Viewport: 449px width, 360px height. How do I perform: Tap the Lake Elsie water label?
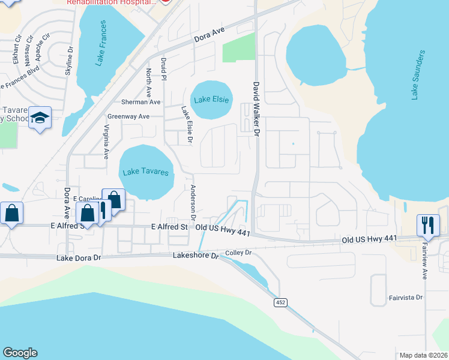tap(210, 100)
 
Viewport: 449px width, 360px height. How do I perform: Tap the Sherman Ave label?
tap(141, 102)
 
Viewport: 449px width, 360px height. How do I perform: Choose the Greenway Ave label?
tap(128, 116)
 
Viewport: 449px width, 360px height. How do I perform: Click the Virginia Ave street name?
tap(106, 142)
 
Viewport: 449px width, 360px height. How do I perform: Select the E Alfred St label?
tap(169, 227)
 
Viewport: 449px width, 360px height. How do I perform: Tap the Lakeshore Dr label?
tap(194, 255)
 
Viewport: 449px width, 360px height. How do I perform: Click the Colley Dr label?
tap(238, 253)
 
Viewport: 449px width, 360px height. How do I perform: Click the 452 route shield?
tap(280, 302)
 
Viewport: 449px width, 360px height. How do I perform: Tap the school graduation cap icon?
tap(40, 119)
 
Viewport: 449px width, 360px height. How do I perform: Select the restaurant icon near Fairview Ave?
tap(428, 226)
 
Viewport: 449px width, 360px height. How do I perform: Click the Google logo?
tap(20, 353)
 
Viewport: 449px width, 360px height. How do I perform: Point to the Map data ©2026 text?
tap(423, 355)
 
